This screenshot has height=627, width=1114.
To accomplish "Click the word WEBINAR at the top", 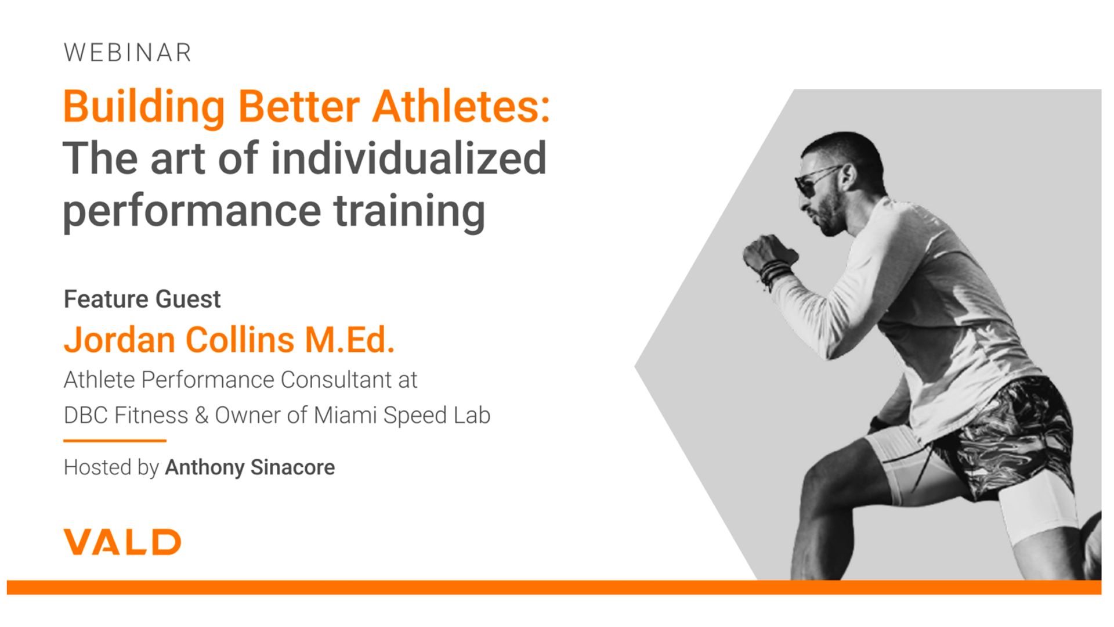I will tap(128, 53).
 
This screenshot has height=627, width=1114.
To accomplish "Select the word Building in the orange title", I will tap(144, 107).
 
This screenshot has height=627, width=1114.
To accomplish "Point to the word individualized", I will tap(408, 158).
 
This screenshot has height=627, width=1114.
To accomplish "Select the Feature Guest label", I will tap(142, 300).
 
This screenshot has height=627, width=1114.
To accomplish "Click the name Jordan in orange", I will tap(120, 340).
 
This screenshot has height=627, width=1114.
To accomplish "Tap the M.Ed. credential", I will tap(350, 340).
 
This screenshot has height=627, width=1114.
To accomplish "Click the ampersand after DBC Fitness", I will tap(201, 416).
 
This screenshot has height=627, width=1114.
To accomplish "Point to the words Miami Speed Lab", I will tap(402, 416).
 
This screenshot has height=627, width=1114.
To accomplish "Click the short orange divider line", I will tap(115, 441).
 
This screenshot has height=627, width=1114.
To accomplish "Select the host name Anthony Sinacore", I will tap(250, 467).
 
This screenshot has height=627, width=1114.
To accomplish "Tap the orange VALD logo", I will tap(122, 542).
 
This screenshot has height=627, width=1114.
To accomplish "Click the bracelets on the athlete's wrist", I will tap(776, 272).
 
